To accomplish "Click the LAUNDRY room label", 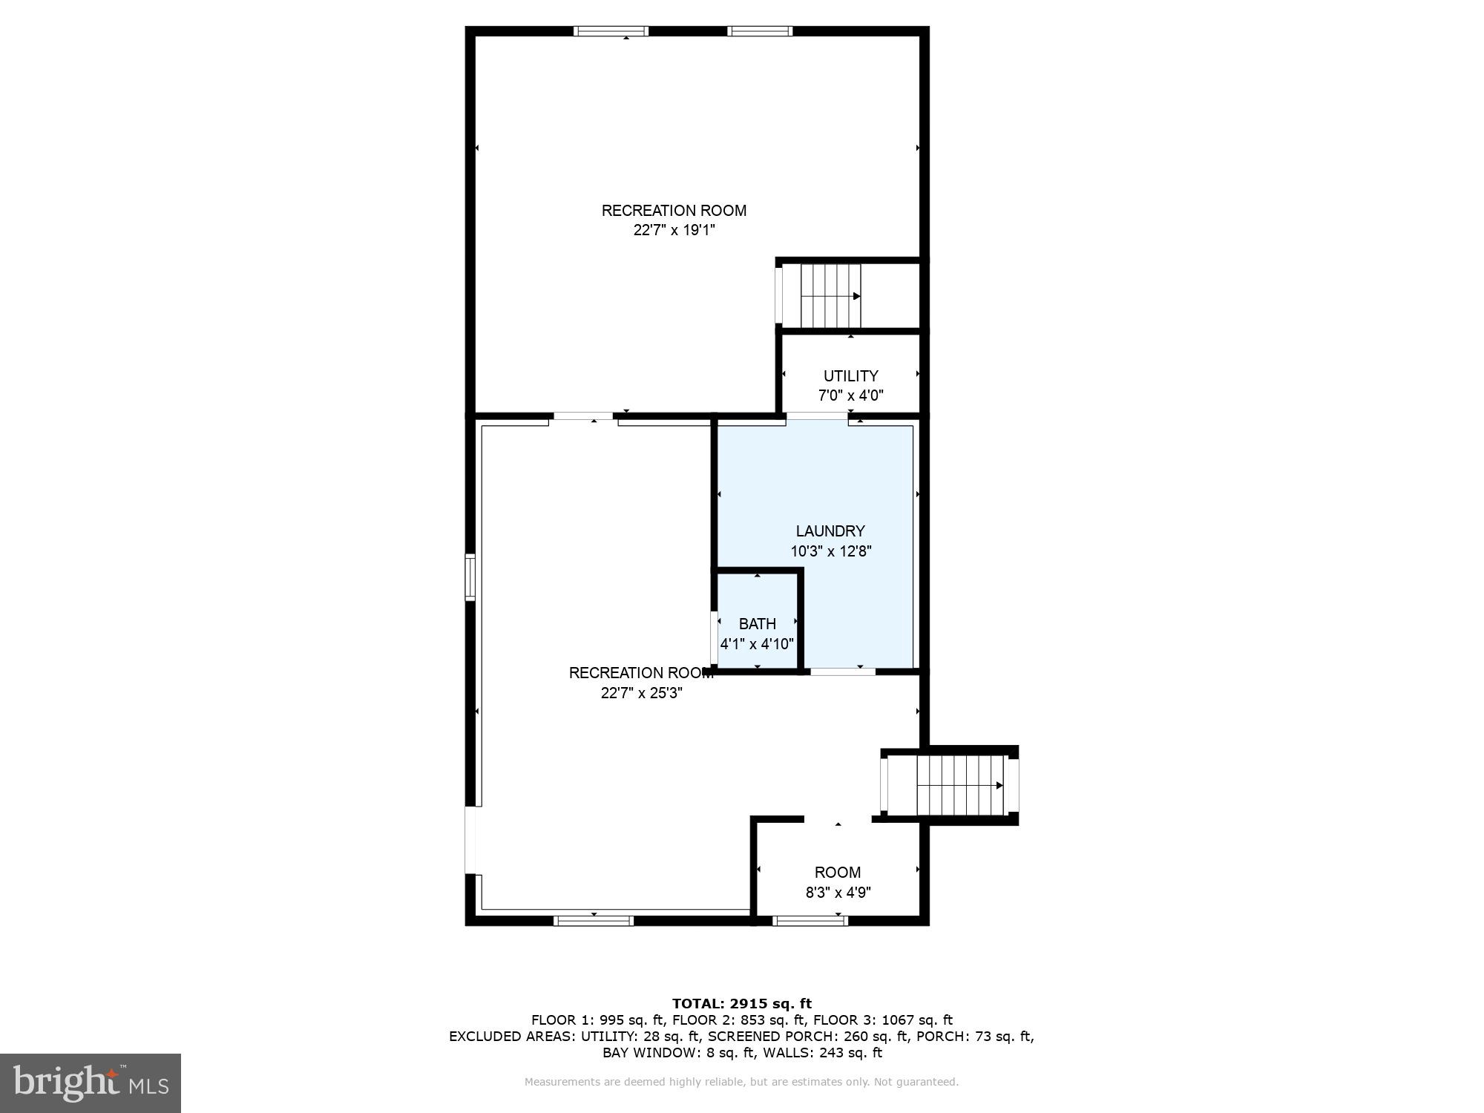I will click(x=830, y=531).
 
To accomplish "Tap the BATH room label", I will click(x=757, y=624).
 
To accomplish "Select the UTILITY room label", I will click(x=850, y=376).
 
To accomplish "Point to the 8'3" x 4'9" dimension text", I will click(x=838, y=893).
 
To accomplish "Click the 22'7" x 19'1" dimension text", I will click(x=674, y=230).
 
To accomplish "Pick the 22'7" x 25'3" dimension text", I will click(x=641, y=693).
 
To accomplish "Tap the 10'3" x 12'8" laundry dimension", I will click(x=830, y=551).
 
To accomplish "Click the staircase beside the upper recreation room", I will click(x=830, y=295).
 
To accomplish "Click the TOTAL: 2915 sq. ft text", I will click(x=741, y=1004).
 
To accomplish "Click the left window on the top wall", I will click(x=611, y=31).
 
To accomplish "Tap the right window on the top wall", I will click(x=760, y=31).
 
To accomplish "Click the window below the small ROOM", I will click(x=810, y=921).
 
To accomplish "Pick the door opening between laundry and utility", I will click(x=817, y=416).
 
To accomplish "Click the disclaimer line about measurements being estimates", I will click(x=741, y=1082).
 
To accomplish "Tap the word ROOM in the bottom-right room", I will click(x=838, y=873).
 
